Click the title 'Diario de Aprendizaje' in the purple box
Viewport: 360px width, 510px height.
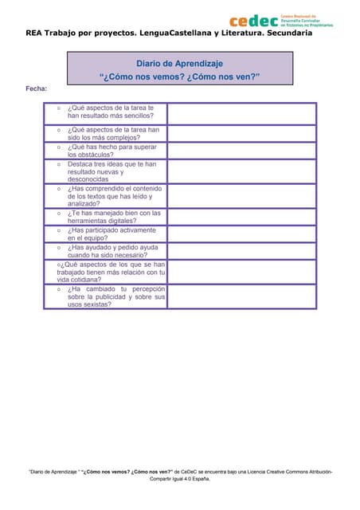point(179,63)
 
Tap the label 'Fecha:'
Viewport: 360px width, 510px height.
point(37,88)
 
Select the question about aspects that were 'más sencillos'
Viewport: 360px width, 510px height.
point(111,112)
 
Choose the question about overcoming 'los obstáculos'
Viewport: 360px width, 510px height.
point(112,151)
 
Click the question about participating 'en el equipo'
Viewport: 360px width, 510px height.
point(112,234)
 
